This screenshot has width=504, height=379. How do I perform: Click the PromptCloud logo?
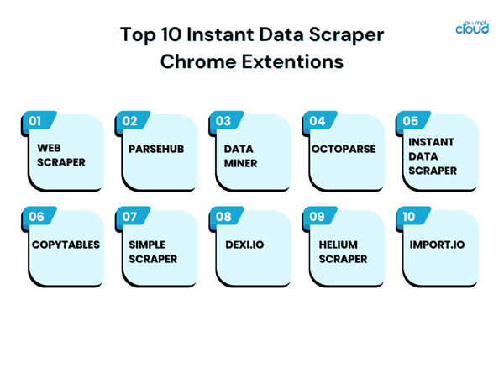click(x=471, y=25)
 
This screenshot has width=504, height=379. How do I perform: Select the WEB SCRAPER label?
click(x=60, y=155)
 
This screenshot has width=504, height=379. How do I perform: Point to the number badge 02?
click(x=129, y=121)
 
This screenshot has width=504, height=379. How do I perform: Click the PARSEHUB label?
click(x=156, y=149)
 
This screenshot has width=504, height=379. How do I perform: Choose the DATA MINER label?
click(x=241, y=155)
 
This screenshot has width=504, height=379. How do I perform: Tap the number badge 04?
click(x=317, y=121)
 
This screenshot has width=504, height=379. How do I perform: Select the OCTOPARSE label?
click(x=343, y=149)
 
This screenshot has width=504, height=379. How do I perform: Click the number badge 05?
click(x=410, y=121)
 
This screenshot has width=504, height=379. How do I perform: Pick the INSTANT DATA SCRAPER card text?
click(x=433, y=156)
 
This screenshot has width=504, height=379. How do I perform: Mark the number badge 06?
click(x=36, y=217)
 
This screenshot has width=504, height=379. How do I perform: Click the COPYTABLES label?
click(x=66, y=245)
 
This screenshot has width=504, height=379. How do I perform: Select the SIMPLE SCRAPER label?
click(x=153, y=252)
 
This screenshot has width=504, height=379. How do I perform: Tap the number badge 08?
click(x=223, y=217)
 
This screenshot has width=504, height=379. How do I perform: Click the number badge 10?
click(x=409, y=217)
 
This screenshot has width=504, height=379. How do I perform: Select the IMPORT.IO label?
click(x=437, y=245)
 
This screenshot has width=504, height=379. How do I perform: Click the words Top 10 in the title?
click(x=155, y=35)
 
